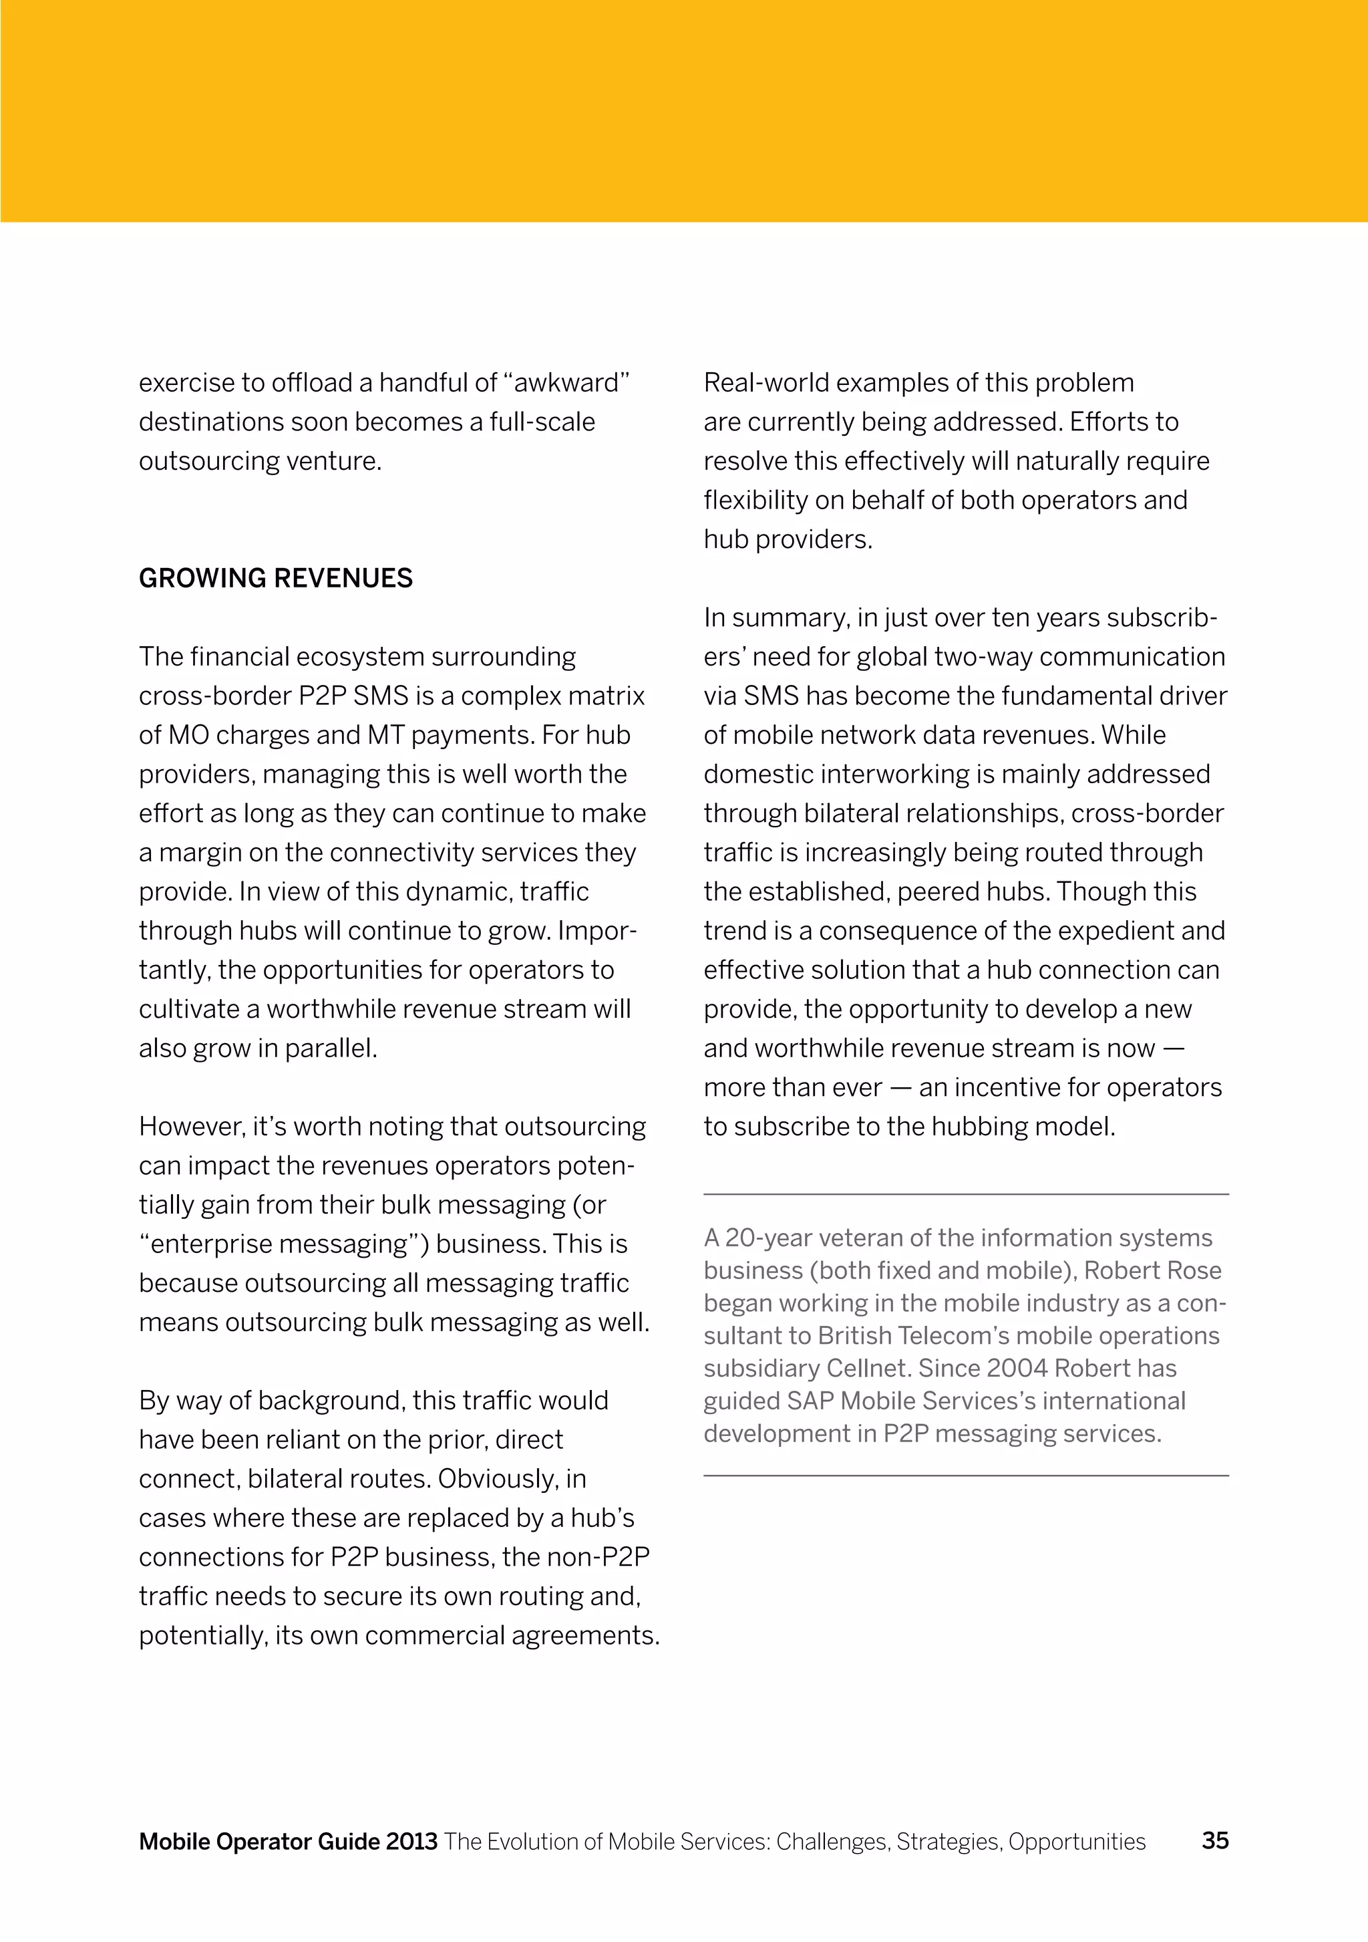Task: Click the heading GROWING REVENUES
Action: (276, 579)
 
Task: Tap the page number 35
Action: (1215, 1840)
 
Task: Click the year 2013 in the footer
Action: (411, 1841)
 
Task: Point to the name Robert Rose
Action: (1152, 1270)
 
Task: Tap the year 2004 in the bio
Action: (1016, 1368)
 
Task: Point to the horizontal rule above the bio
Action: (965, 1194)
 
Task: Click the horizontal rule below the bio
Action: (965, 1476)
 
